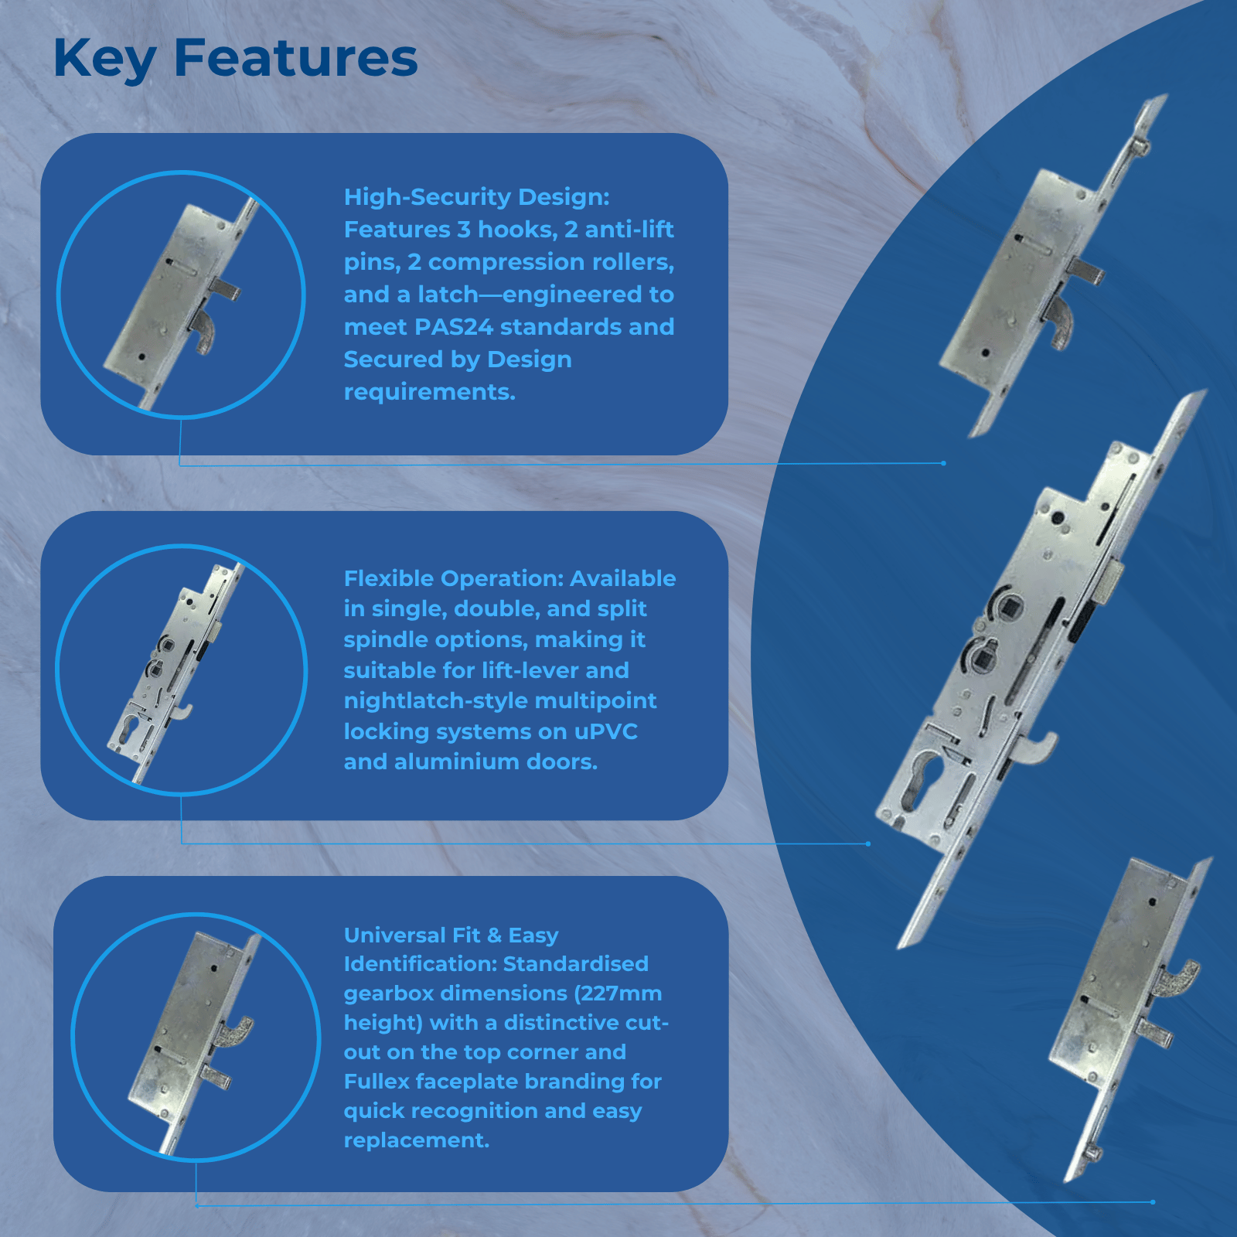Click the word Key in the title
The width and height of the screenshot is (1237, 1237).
coord(105,60)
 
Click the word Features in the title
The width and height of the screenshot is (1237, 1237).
coord(296,58)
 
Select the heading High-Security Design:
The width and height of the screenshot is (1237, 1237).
coord(477,198)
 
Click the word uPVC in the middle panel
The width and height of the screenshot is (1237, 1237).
coord(606,731)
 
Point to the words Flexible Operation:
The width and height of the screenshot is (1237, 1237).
coord(454,579)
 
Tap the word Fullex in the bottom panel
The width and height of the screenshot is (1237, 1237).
coord(377,1082)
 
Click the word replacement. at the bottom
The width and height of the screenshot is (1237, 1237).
coord(417,1141)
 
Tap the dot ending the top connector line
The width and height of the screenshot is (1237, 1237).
coord(943,463)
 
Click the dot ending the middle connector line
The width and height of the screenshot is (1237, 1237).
coord(868,843)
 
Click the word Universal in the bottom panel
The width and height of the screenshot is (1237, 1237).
coord(394,935)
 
